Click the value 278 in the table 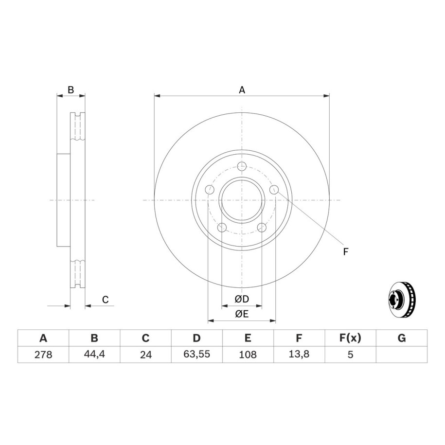43,355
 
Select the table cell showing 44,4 94,355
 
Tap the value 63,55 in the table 196,355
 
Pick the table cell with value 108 248,355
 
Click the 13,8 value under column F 299,355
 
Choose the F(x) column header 350,338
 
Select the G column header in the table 402,338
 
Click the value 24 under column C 145,355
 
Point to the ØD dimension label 242,299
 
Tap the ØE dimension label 242,314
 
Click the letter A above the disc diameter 242,90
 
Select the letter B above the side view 71,90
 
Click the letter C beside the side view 105,300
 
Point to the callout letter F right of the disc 345,252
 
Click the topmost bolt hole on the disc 242,166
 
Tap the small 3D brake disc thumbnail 402,300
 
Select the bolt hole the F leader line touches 274,189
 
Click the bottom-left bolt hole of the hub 222,227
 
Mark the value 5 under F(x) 350,355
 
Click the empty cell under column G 402,355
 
